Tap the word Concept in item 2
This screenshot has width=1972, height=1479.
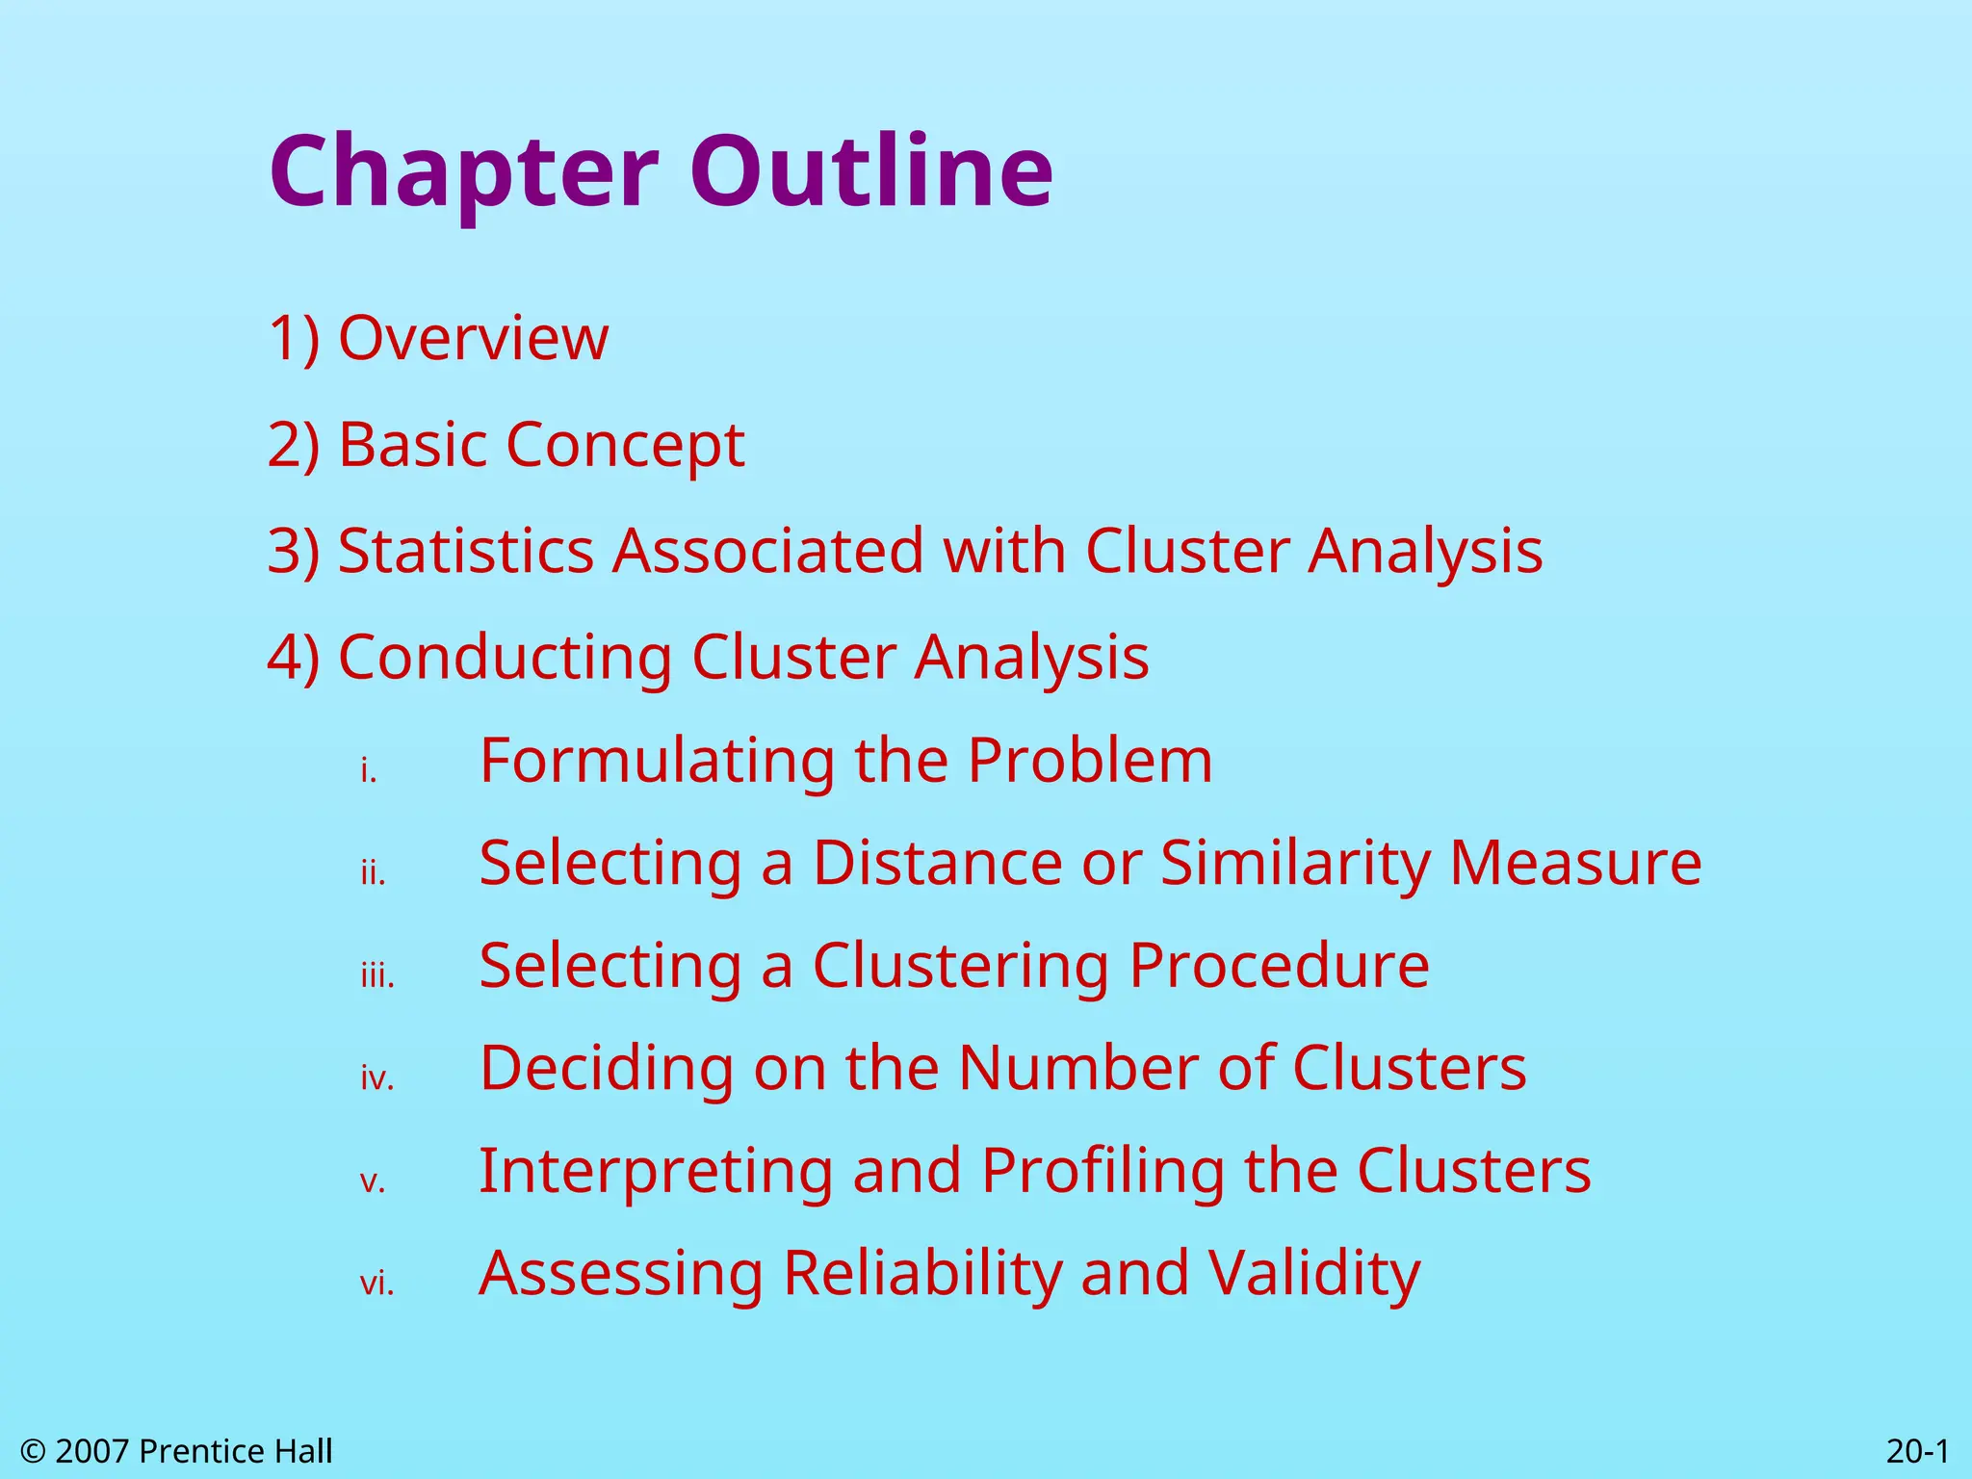(625, 445)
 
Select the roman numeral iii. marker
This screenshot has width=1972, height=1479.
(377, 976)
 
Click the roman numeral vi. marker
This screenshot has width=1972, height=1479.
(377, 1284)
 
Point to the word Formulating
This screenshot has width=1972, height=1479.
(657, 761)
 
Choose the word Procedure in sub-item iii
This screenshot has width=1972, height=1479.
(1279, 965)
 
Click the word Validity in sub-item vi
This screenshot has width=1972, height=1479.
(1314, 1273)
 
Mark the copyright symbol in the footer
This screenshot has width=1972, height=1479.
(33, 1451)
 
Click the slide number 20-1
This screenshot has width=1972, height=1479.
(1917, 1451)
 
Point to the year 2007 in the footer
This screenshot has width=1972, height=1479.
(92, 1451)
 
